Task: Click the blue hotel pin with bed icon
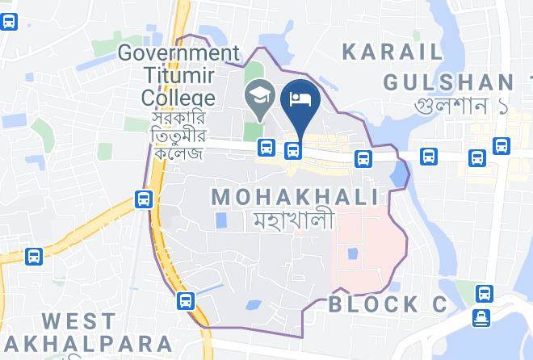pos(300,101)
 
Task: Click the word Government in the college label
pos(178,53)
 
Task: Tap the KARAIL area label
pos(392,52)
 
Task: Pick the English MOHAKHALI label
pos(295,196)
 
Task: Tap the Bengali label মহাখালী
pos(296,219)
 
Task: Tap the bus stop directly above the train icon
pos(484,293)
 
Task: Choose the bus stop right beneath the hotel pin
pos(293,149)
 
